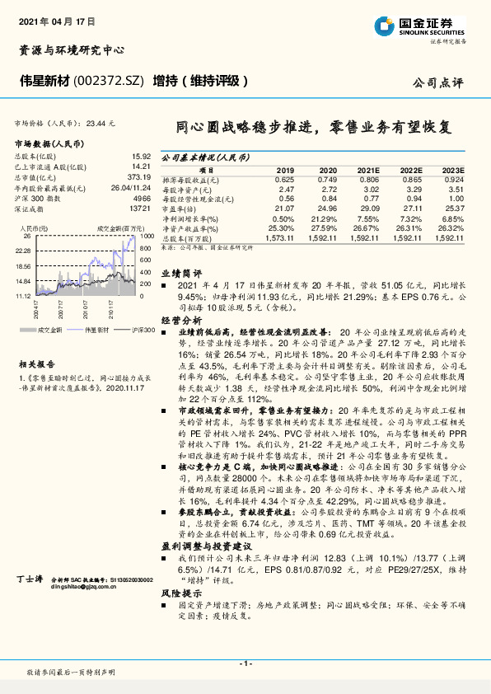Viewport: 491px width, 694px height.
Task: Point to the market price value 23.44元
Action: pos(98,122)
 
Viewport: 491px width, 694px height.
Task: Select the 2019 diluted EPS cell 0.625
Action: pos(283,179)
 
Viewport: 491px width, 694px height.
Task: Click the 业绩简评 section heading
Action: pos(181,271)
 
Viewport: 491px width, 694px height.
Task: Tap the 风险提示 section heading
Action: pos(181,590)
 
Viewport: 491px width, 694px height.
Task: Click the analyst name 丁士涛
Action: pos(29,580)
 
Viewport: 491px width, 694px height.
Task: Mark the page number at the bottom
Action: pos(245,664)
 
